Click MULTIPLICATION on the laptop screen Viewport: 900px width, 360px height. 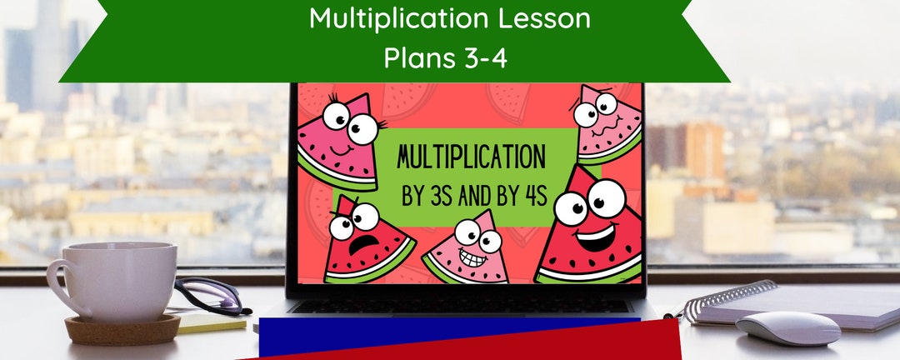471,157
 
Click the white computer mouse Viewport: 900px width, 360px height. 787,327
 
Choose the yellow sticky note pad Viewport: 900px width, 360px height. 208,322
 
